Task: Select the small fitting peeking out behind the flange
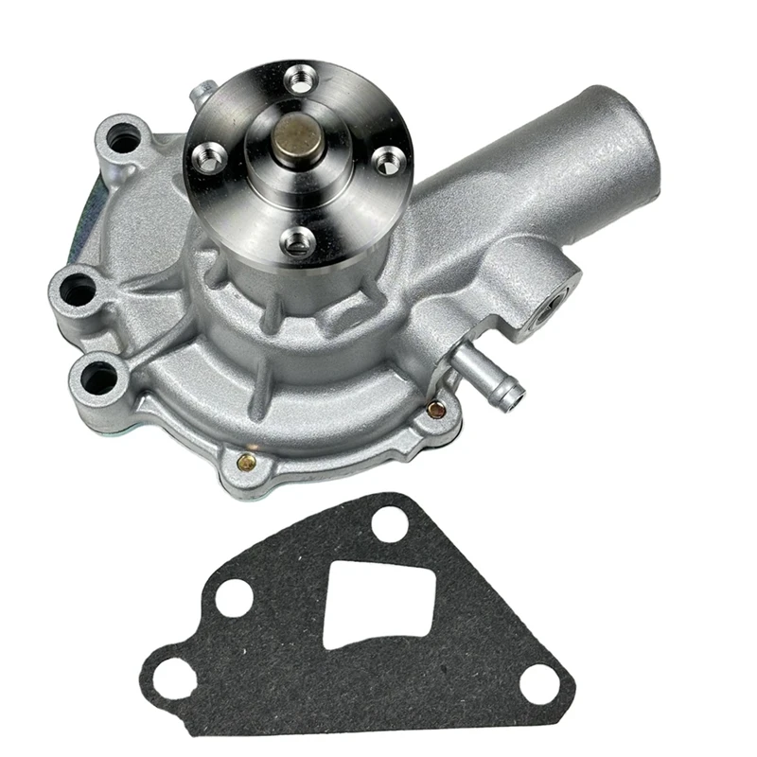(x=201, y=95)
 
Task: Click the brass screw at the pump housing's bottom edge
(x=245, y=463)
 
